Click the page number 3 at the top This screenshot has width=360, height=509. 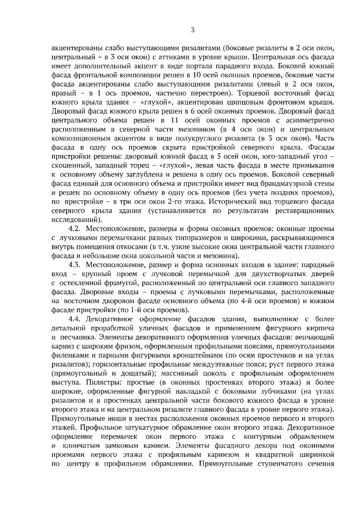pos(192,30)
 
